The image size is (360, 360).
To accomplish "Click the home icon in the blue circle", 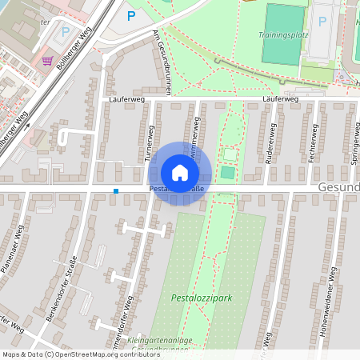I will [180, 172].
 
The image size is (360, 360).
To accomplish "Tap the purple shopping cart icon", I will [48, 60].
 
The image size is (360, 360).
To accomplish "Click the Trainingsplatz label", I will [283, 35].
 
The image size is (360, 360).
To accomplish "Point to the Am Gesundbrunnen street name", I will [162, 63].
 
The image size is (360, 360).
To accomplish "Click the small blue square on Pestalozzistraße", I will [116, 190].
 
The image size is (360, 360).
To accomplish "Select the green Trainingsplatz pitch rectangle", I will [285, 34].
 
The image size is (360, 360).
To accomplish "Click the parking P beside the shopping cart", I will [66, 33].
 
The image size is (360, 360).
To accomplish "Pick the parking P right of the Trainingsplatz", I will [323, 22].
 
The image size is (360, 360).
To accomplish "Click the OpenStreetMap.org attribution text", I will [88, 354].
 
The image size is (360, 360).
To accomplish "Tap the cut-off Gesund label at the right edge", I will [339, 186].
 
